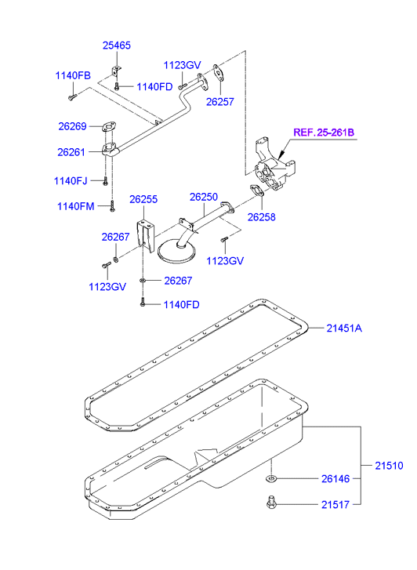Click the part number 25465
[x=116, y=45]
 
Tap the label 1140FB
[x=73, y=75]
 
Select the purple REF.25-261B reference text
[x=324, y=133]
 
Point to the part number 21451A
[x=344, y=329]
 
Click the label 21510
[x=389, y=466]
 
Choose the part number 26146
[x=335, y=479]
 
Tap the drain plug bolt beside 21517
[x=270, y=503]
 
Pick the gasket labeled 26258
[x=256, y=191]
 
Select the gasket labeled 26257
[x=219, y=72]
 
